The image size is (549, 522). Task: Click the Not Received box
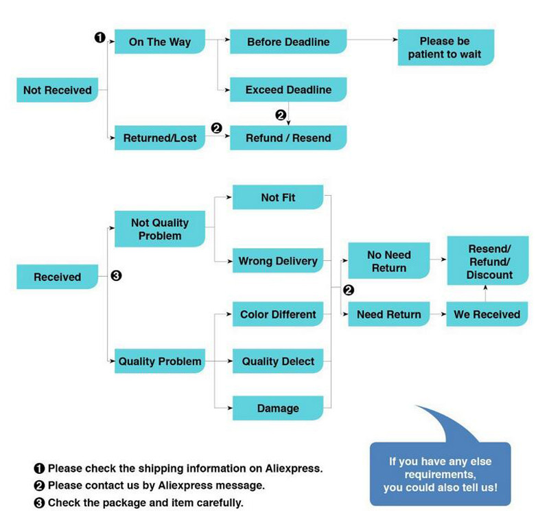click(57, 90)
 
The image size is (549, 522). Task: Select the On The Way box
click(160, 42)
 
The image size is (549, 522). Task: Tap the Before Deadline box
click(288, 42)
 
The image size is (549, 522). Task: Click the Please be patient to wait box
click(445, 47)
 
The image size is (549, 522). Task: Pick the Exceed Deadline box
click(288, 90)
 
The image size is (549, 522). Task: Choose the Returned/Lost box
click(160, 138)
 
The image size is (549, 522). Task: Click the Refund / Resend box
click(288, 138)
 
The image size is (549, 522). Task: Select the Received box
click(57, 277)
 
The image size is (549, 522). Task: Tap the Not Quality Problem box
click(160, 229)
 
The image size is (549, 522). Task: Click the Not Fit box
click(278, 197)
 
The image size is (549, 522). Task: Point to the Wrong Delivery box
click(278, 261)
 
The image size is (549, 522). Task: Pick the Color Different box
click(278, 315)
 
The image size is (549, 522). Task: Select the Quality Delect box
click(278, 361)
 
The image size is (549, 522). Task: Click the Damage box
click(278, 409)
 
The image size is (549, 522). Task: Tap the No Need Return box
click(389, 261)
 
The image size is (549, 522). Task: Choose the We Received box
click(487, 315)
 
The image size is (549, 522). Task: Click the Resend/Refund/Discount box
click(489, 261)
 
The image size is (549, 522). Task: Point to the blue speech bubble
click(440, 474)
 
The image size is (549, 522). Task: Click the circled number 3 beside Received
click(116, 276)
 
